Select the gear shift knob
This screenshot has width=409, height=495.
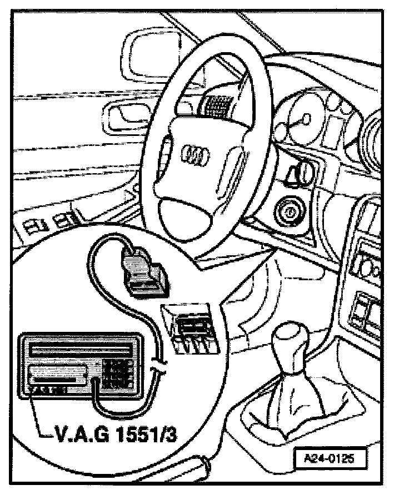point(290,339)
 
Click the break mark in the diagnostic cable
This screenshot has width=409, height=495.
point(157,367)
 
